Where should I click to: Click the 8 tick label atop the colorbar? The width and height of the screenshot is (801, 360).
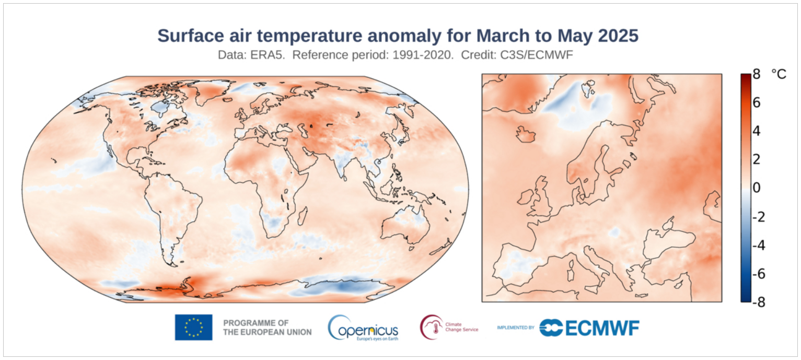(756, 74)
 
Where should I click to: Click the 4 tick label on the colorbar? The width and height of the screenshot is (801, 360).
(756, 131)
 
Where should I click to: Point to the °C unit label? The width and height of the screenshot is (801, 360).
(778, 74)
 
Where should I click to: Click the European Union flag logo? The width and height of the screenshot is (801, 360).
(193, 327)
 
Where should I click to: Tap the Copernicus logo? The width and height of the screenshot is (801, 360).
(364, 328)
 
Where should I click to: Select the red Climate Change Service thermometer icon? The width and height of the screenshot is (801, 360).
(430, 327)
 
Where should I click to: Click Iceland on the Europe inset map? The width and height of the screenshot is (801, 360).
(526, 134)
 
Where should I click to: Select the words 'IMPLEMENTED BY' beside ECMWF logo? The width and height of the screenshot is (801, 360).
(515, 328)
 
